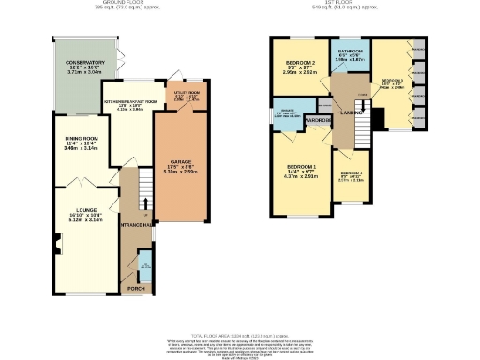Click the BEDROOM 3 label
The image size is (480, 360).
click(x=392, y=81)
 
